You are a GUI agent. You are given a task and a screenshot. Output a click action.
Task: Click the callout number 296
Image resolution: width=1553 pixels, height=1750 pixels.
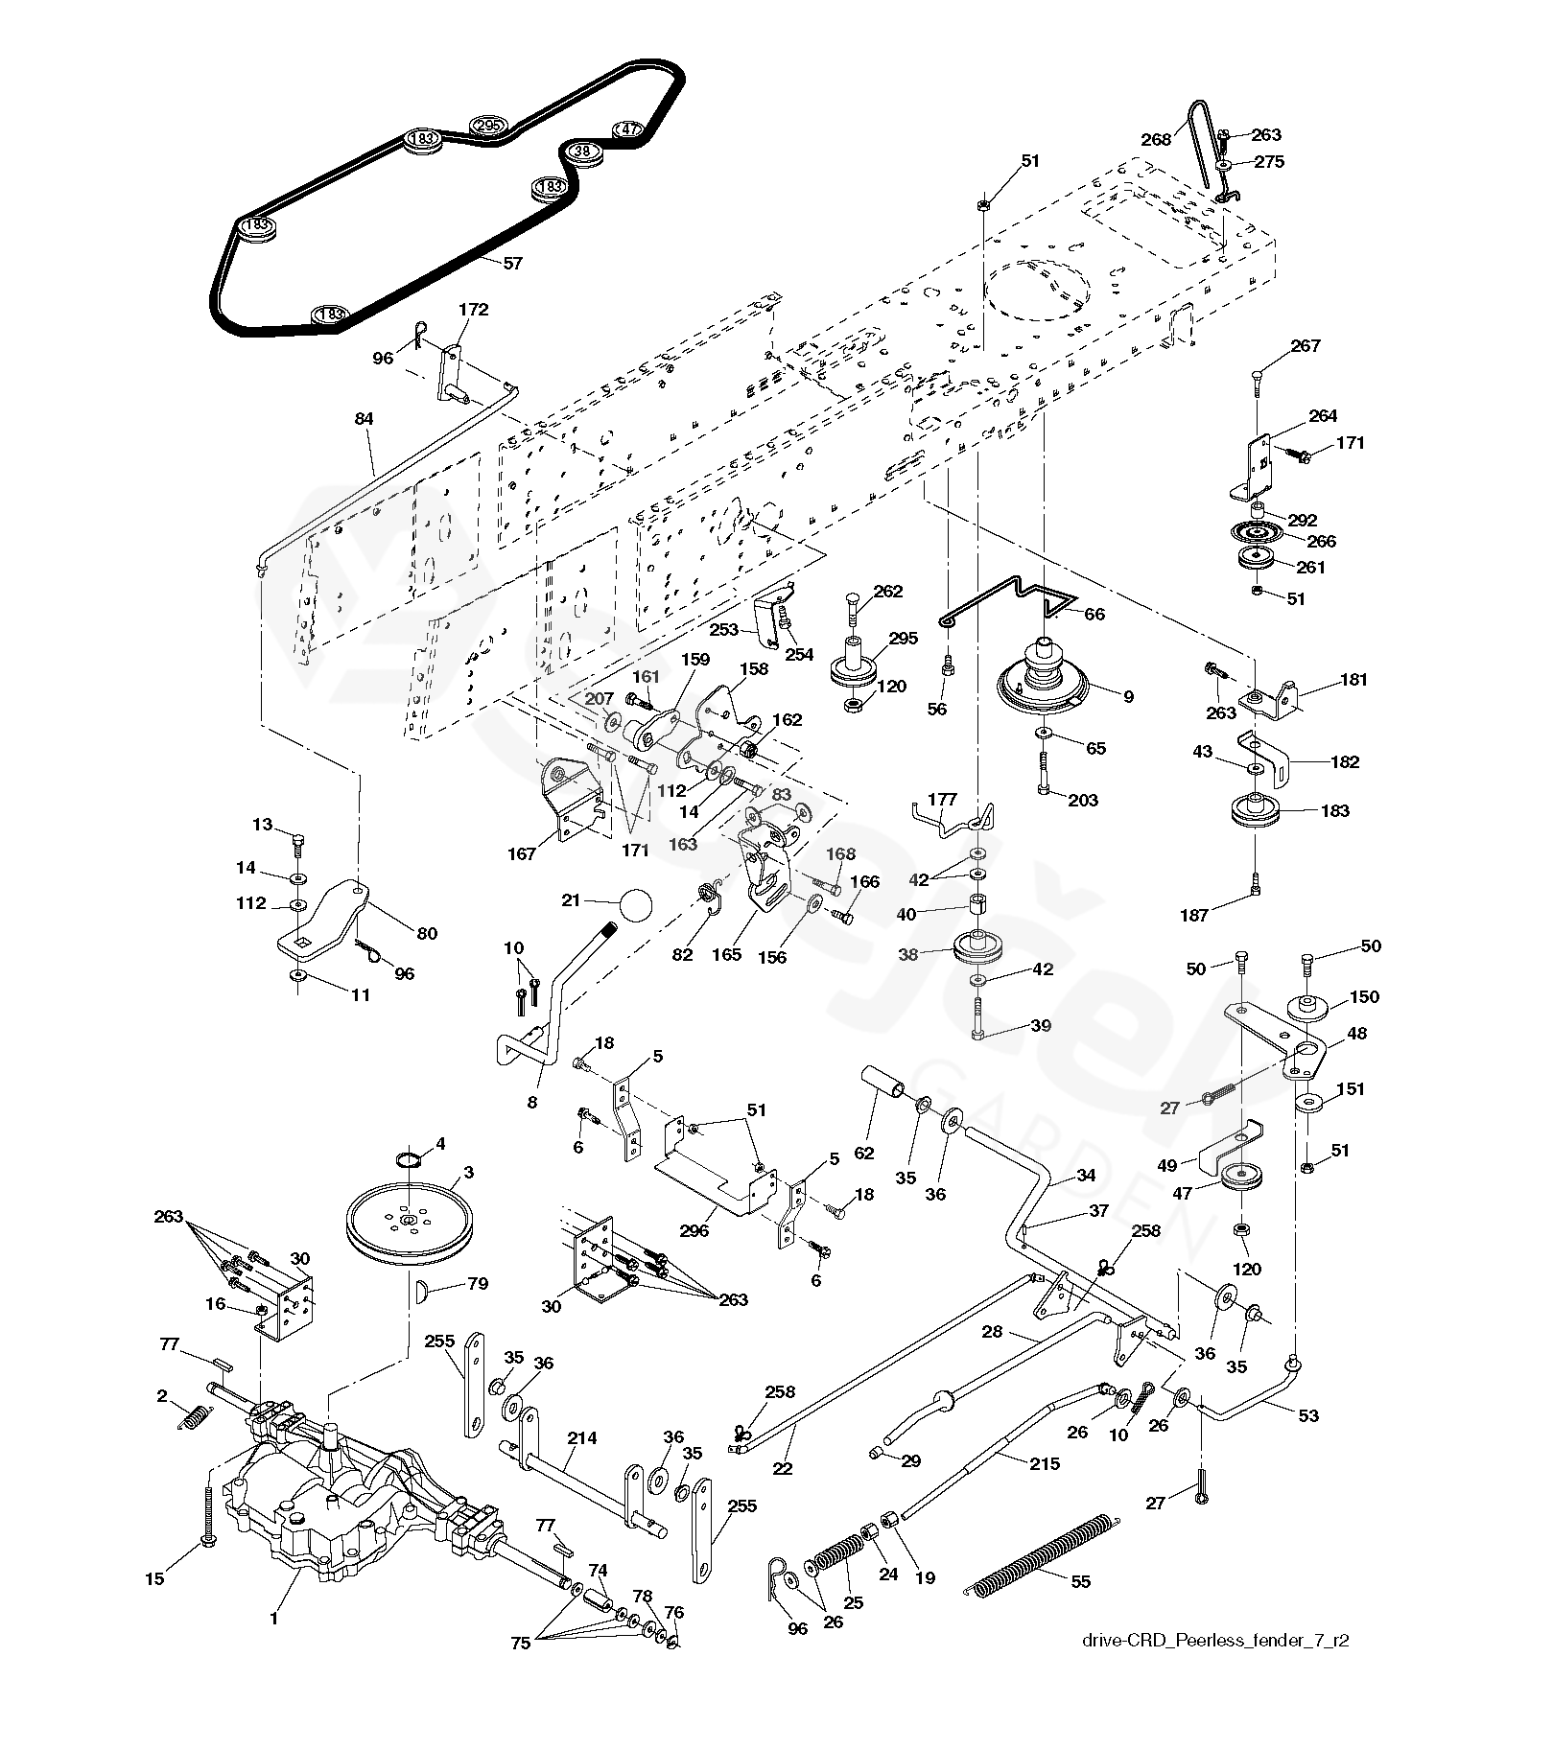(x=694, y=1230)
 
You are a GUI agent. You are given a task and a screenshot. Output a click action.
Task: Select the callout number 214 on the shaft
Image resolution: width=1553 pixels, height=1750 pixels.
(x=582, y=1437)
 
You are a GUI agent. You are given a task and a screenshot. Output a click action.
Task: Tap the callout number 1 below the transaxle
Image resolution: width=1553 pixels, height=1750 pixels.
(x=273, y=1620)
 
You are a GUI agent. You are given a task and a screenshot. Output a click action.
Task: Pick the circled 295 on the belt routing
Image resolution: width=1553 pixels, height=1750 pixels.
(x=486, y=127)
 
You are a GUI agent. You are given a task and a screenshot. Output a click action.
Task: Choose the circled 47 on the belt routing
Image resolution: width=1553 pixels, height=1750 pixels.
(x=627, y=128)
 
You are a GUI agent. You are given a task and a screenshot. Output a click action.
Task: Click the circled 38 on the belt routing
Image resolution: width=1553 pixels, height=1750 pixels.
(x=582, y=152)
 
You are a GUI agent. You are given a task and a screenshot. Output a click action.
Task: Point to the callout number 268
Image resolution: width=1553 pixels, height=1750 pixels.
(x=1157, y=139)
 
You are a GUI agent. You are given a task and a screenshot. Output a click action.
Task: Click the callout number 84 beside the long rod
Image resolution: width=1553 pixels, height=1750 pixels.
(x=364, y=418)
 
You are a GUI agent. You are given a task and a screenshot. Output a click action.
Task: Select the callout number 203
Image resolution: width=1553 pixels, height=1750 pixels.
(x=1083, y=801)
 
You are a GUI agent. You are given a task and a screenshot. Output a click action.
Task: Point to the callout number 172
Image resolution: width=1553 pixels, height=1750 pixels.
(x=474, y=310)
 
